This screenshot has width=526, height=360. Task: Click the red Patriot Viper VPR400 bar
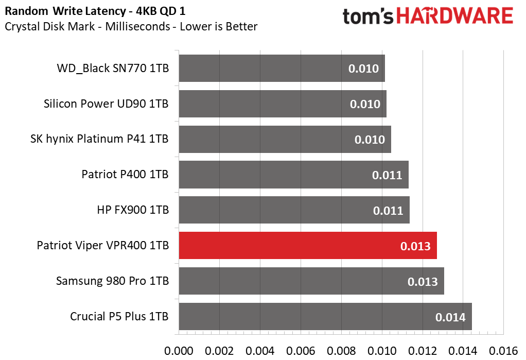point(308,246)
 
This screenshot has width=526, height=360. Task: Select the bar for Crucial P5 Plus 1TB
point(325,317)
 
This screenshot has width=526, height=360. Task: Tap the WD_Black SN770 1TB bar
point(282,68)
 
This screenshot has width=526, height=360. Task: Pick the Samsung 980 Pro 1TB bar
point(311,281)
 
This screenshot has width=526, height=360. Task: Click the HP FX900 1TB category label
point(133,210)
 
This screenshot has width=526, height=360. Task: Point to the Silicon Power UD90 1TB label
point(106,104)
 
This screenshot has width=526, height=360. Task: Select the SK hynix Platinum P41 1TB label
point(99,139)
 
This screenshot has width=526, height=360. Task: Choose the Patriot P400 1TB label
point(125,174)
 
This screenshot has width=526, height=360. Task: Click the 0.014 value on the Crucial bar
point(450,317)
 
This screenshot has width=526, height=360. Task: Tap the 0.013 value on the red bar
point(415,246)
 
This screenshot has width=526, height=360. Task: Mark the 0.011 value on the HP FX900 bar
point(388,211)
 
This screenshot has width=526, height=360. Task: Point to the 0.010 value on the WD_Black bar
point(363,68)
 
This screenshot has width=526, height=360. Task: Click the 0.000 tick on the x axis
point(179,351)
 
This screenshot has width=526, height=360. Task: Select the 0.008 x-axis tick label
point(341,351)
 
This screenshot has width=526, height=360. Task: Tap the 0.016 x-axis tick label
point(503,351)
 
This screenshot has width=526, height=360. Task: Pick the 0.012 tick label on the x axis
point(423,351)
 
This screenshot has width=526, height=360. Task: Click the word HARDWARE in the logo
point(454,16)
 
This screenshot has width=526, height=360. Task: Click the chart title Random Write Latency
point(65,11)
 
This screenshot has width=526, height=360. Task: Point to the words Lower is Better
point(218,26)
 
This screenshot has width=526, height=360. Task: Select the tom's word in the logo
point(367,16)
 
